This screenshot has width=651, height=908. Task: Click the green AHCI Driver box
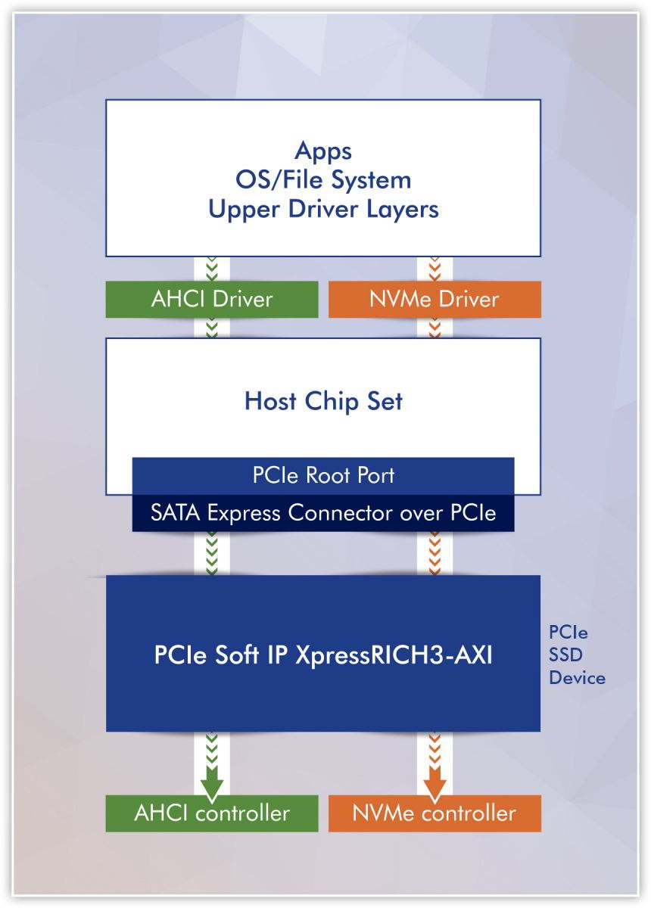[x=212, y=299]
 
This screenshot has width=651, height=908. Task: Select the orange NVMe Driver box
[x=435, y=299]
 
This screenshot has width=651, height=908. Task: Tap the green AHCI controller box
[x=212, y=813]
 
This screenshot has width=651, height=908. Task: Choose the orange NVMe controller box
[x=435, y=813]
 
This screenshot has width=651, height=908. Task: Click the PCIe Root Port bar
[x=323, y=476]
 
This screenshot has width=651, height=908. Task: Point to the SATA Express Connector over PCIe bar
[x=323, y=513]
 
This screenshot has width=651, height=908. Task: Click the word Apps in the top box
[x=323, y=151]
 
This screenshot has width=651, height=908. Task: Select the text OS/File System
[x=323, y=180]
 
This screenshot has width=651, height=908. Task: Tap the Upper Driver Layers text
[x=323, y=210]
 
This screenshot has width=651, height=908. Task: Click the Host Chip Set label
[x=323, y=401]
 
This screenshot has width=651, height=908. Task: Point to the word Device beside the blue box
[x=577, y=677]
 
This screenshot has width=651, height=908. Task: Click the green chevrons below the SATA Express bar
[x=212, y=553]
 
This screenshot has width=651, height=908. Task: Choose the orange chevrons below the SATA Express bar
[x=435, y=553]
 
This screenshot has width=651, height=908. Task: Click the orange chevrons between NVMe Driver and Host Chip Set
[x=435, y=328]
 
